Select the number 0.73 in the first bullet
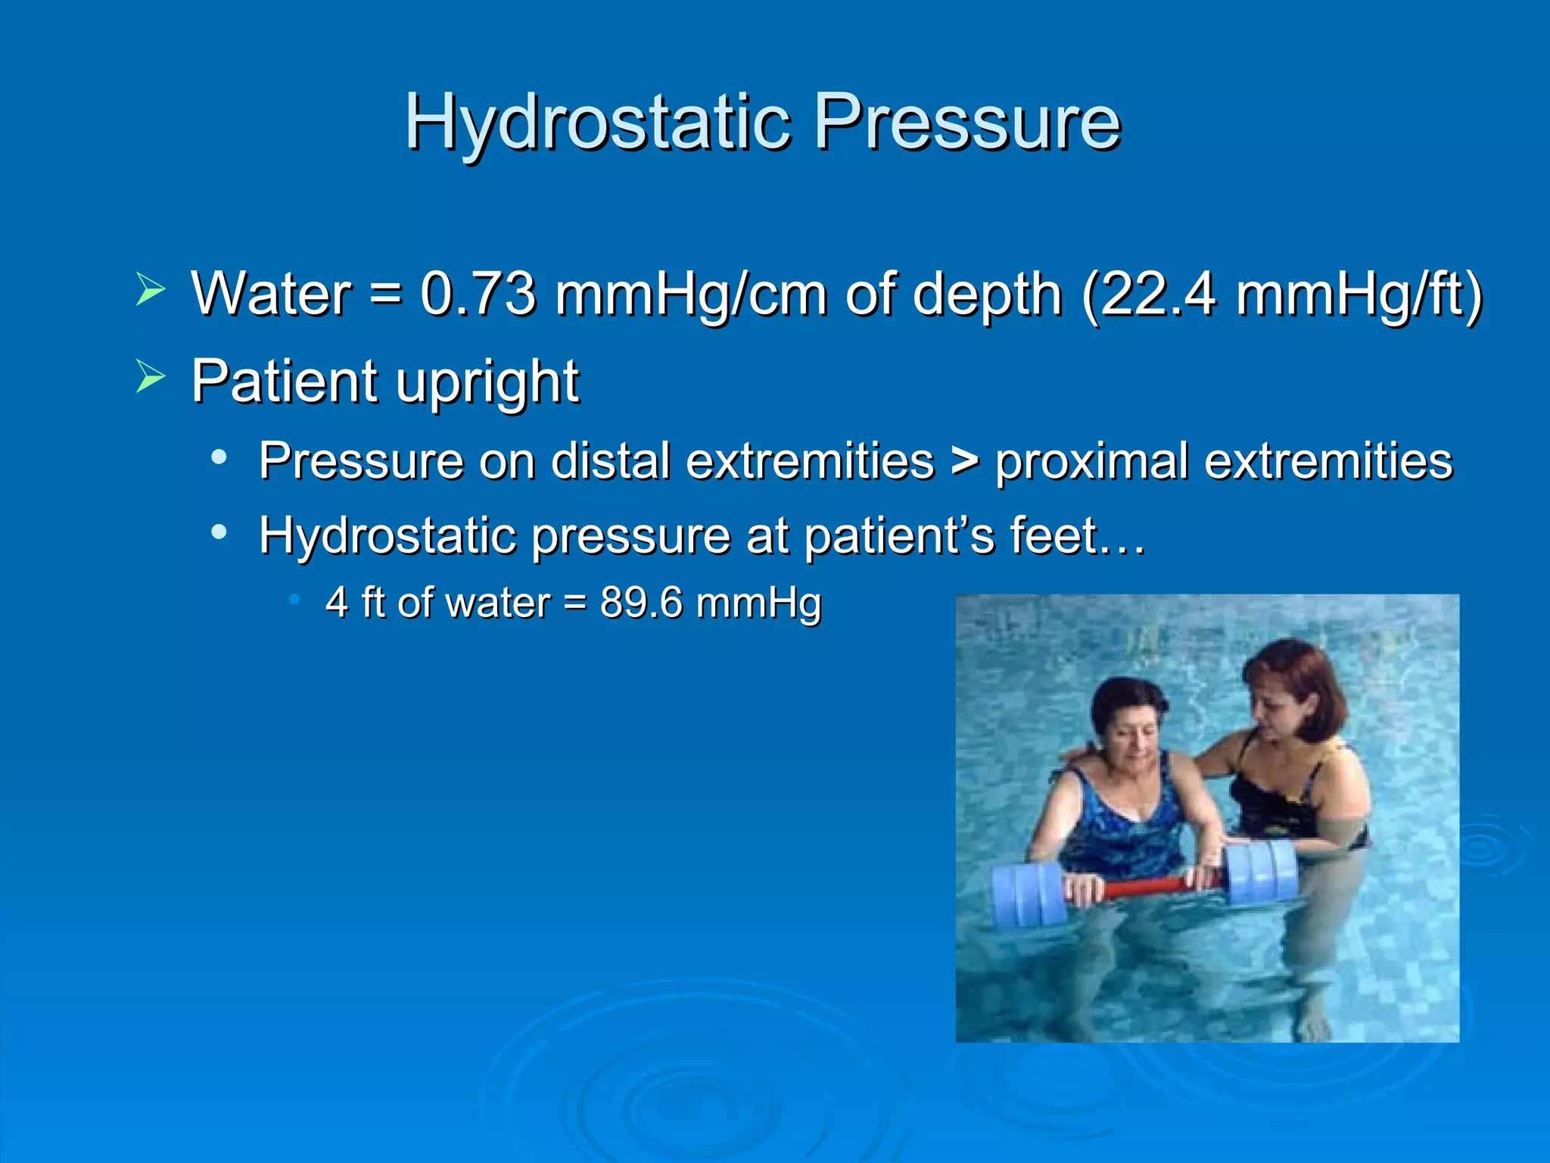pyautogui.click(x=478, y=294)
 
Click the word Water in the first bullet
pyautogui.click(x=271, y=294)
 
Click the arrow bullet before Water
pyautogui.click(x=151, y=290)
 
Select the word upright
pyautogui.click(x=487, y=382)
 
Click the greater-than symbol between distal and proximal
pyautogui.click(x=965, y=461)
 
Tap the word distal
pyautogui.click(x=610, y=460)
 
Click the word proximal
pyautogui.click(x=1091, y=461)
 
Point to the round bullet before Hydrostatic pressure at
pyautogui.click(x=219, y=532)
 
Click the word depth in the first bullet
pyautogui.click(x=988, y=295)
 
